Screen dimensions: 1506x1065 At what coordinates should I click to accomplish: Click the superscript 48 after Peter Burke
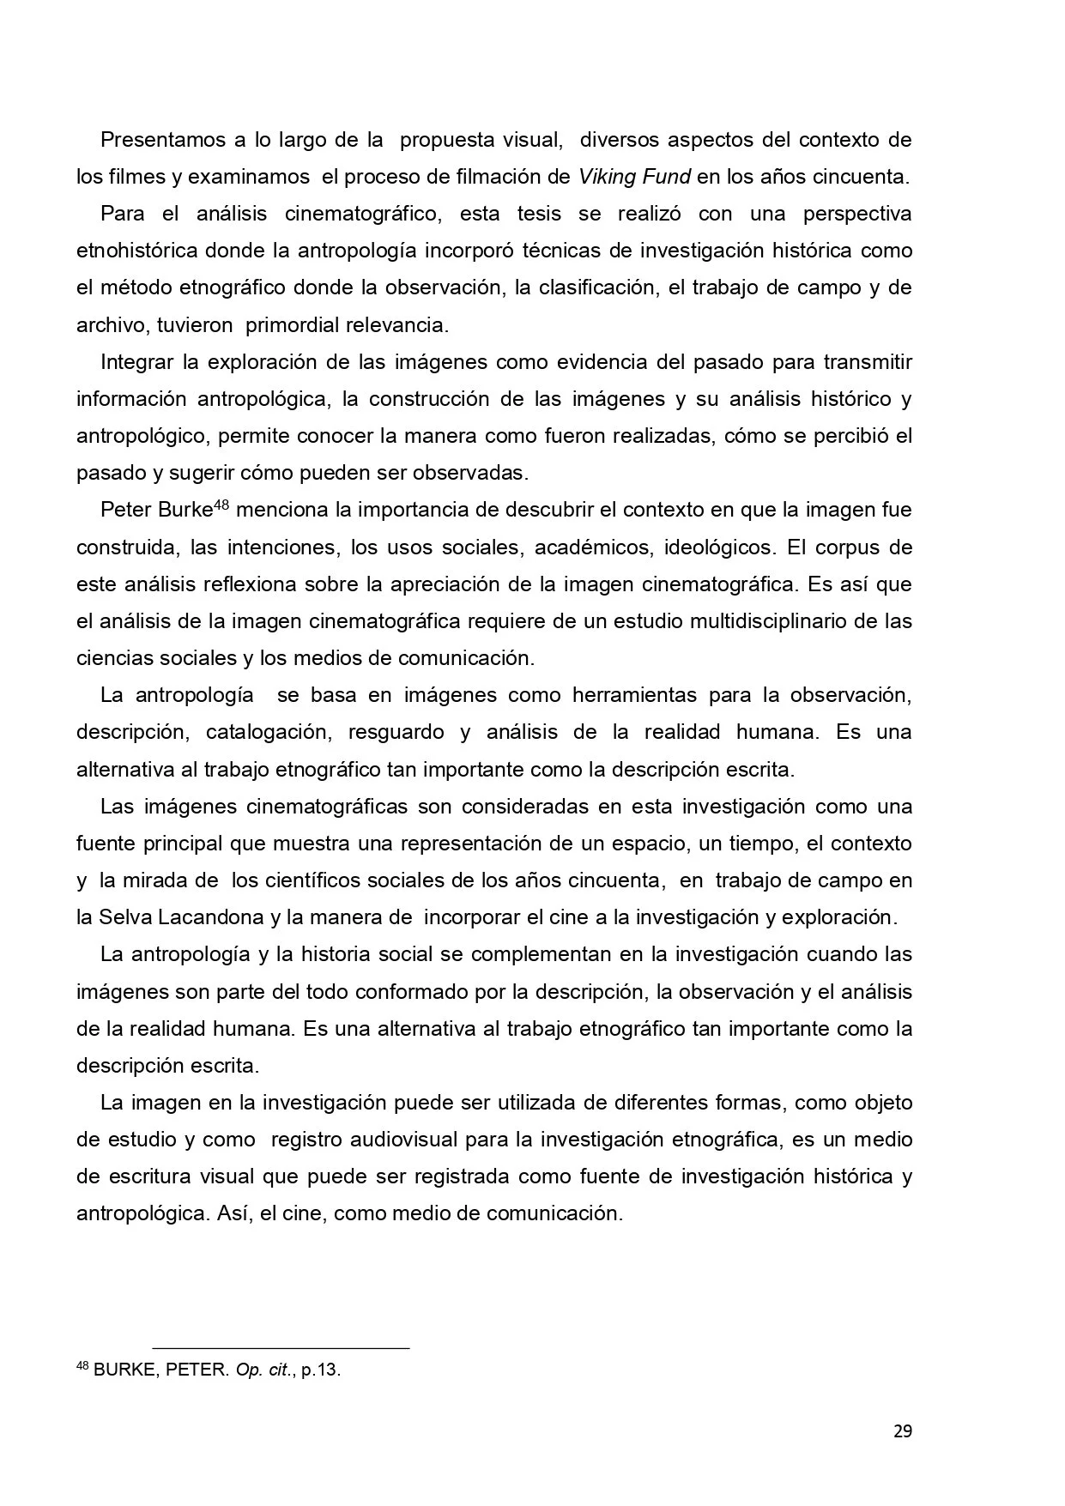click(x=221, y=505)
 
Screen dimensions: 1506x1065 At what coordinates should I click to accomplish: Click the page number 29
click(x=902, y=1431)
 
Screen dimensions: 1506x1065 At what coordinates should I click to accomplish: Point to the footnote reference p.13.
click(x=322, y=1370)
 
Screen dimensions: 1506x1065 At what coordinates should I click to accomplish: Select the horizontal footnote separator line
click(x=281, y=1348)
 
